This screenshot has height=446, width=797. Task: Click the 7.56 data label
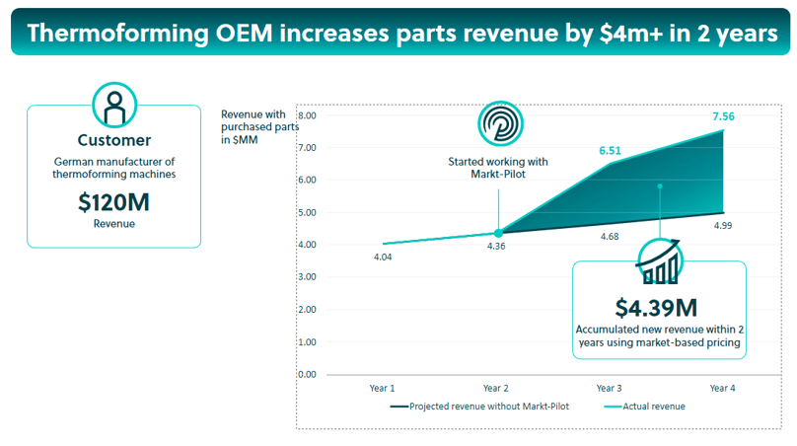click(x=723, y=116)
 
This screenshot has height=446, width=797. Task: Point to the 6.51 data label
click(x=611, y=151)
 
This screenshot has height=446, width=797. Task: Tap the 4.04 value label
click(x=383, y=258)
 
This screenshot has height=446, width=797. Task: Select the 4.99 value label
click(x=723, y=226)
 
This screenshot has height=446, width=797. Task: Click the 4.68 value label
click(x=611, y=236)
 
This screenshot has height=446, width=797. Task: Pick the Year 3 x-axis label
click(x=611, y=388)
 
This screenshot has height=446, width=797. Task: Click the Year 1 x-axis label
click(x=383, y=388)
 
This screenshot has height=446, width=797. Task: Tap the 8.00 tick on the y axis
click(x=306, y=115)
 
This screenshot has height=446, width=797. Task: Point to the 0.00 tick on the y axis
click(x=306, y=375)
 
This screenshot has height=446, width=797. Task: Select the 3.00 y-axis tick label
click(x=306, y=277)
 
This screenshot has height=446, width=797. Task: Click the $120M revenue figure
click(x=113, y=202)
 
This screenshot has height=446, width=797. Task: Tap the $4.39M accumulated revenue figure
click(x=659, y=308)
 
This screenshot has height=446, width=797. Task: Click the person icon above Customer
click(x=114, y=105)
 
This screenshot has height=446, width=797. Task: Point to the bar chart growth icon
click(x=658, y=261)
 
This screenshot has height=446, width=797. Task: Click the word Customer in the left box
click(x=114, y=140)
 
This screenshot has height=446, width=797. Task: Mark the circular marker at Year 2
click(x=498, y=233)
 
